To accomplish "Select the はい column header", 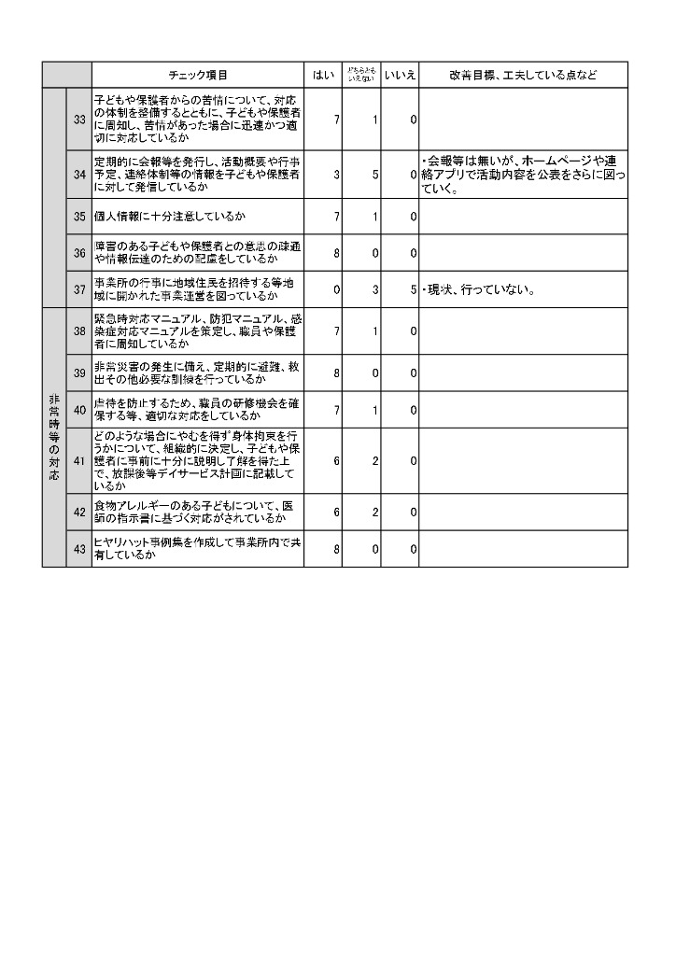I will pos(323,75).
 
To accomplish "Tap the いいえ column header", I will pos(400,75).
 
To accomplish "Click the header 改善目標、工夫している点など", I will pos(523,75).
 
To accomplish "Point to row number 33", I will pos(79,119).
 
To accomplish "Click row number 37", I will pos(79,289).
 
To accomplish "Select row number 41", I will pos(79,460).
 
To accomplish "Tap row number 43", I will pos(79,549).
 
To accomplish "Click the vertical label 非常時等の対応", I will pos(54,437).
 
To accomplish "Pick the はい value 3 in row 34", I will pos(336,175).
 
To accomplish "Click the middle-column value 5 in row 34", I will pos(374,175).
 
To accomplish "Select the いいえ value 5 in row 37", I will pos(413,289).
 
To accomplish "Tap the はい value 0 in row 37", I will pos(336,289).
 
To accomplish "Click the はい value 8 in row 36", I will pos(336,252).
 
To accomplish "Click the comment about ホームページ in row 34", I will pos(523,175).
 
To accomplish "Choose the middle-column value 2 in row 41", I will pos(374,460).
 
